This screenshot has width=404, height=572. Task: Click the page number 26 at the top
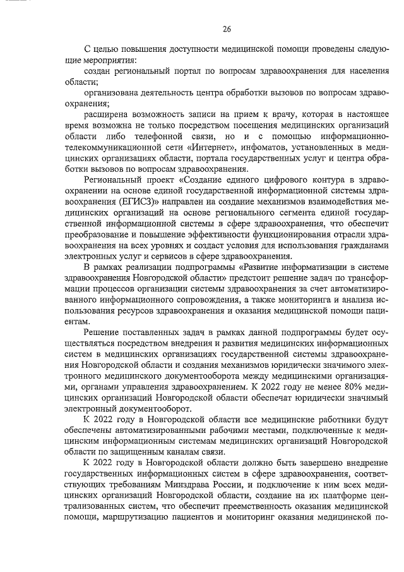227,28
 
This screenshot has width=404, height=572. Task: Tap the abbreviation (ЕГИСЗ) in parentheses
128,201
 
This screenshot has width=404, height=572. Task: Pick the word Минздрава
198,484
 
